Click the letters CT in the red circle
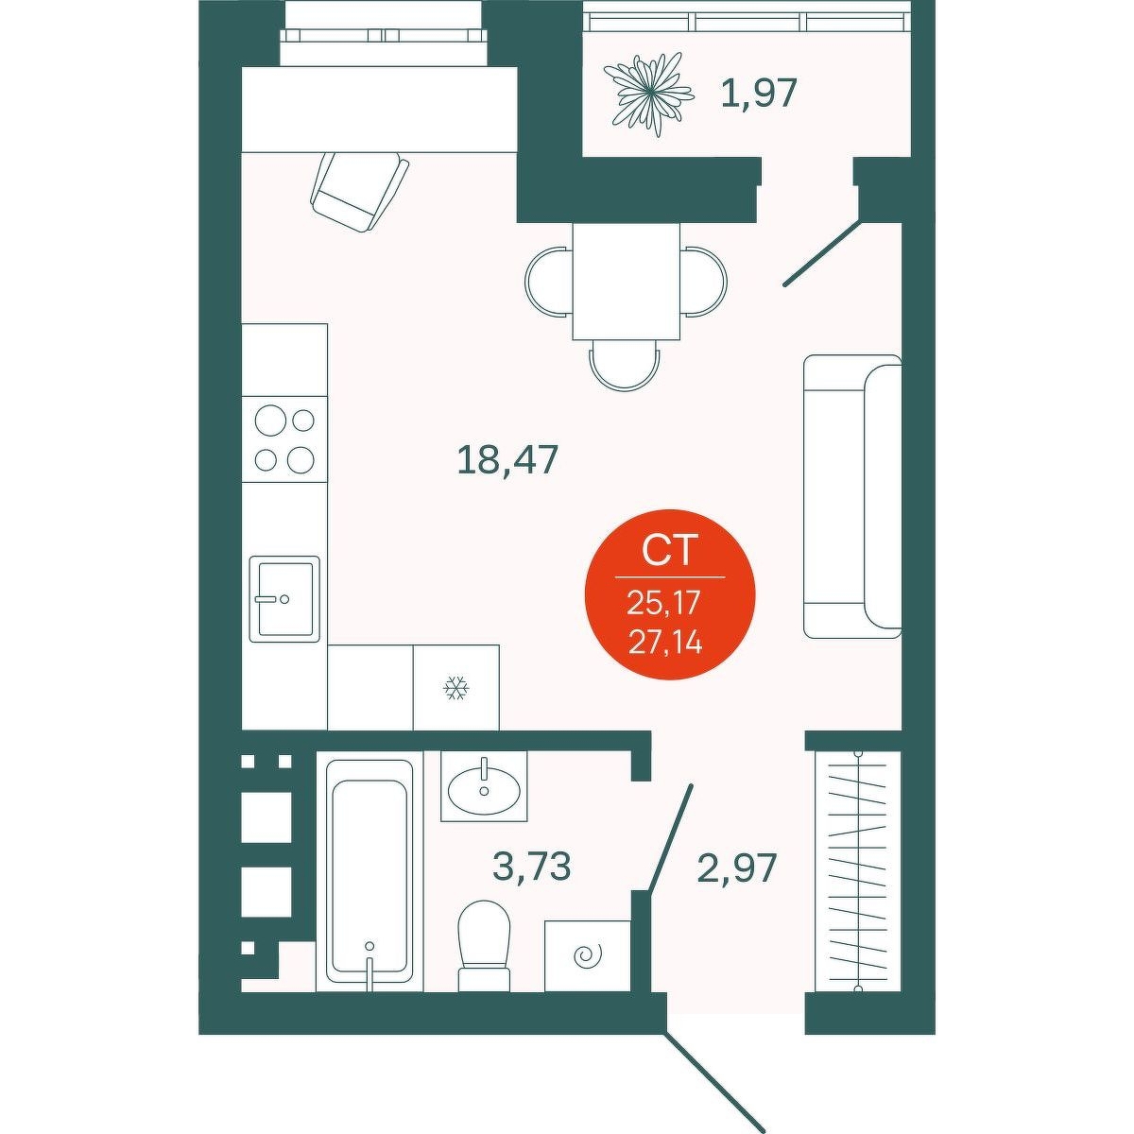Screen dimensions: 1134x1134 click(x=669, y=552)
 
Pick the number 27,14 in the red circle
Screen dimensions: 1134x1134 click(x=665, y=644)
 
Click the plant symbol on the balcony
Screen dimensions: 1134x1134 click(x=645, y=96)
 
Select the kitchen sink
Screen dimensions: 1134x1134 click(x=284, y=598)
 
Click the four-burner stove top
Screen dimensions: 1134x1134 click(x=284, y=439)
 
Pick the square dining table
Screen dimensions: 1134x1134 click(x=627, y=283)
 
